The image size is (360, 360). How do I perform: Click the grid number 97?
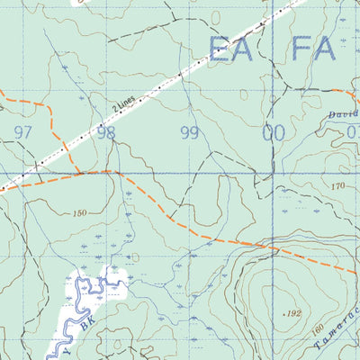click(x=23, y=132)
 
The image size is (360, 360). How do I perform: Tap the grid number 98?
click(x=106, y=132)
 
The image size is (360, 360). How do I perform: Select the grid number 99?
click(x=189, y=133)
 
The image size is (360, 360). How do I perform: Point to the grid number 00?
click(x=273, y=133)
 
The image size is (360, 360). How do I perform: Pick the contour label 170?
click(x=337, y=186)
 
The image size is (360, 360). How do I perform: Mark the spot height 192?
click(x=292, y=313)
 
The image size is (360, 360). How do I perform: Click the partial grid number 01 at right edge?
click(x=352, y=133)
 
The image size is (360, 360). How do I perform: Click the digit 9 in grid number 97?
click(x=18, y=132)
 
